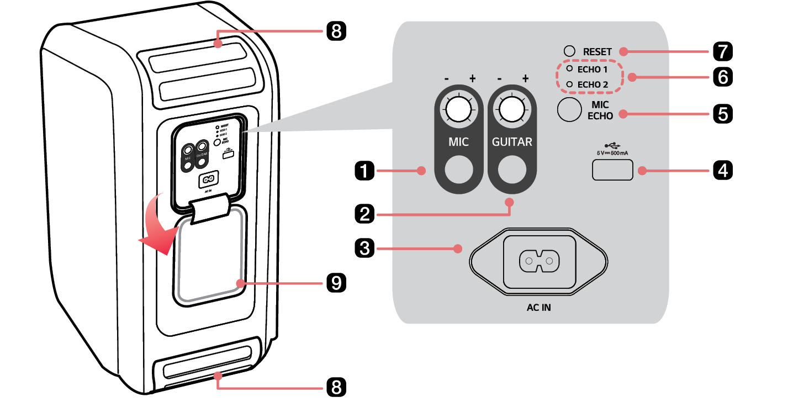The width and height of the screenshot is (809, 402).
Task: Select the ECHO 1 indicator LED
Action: pyautogui.click(x=569, y=70)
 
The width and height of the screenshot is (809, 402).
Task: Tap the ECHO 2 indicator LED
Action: pyautogui.click(x=569, y=84)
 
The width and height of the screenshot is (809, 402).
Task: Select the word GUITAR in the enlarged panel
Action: pyautogui.click(x=512, y=142)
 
